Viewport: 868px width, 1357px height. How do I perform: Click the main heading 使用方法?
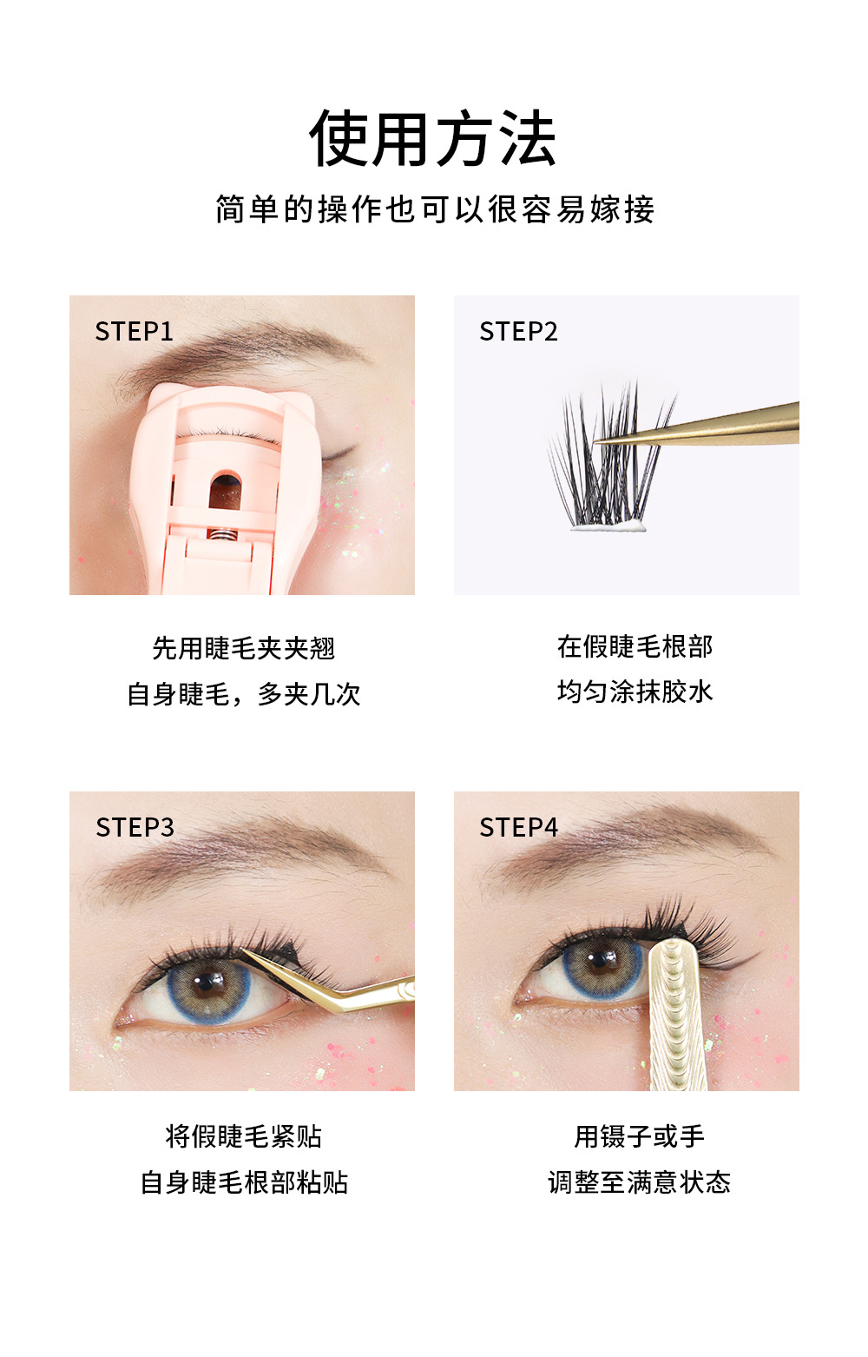coord(433,139)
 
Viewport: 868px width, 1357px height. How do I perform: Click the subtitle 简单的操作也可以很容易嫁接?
coord(434,209)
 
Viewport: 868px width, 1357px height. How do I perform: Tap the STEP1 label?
coord(135,331)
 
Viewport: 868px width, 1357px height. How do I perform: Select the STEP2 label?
coord(518,331)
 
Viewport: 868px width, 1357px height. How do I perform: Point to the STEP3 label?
coord(135,827)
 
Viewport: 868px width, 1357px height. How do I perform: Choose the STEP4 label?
coord(518,827)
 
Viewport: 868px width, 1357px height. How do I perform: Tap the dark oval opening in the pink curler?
coord(226,491)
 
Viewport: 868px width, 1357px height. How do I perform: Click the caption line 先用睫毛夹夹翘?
coord(243,648)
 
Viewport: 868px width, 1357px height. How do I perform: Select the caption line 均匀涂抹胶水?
coord(635,692)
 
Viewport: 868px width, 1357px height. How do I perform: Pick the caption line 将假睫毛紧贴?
coord(243,1136)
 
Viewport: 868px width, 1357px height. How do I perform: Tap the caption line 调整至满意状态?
coord(639,1182)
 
